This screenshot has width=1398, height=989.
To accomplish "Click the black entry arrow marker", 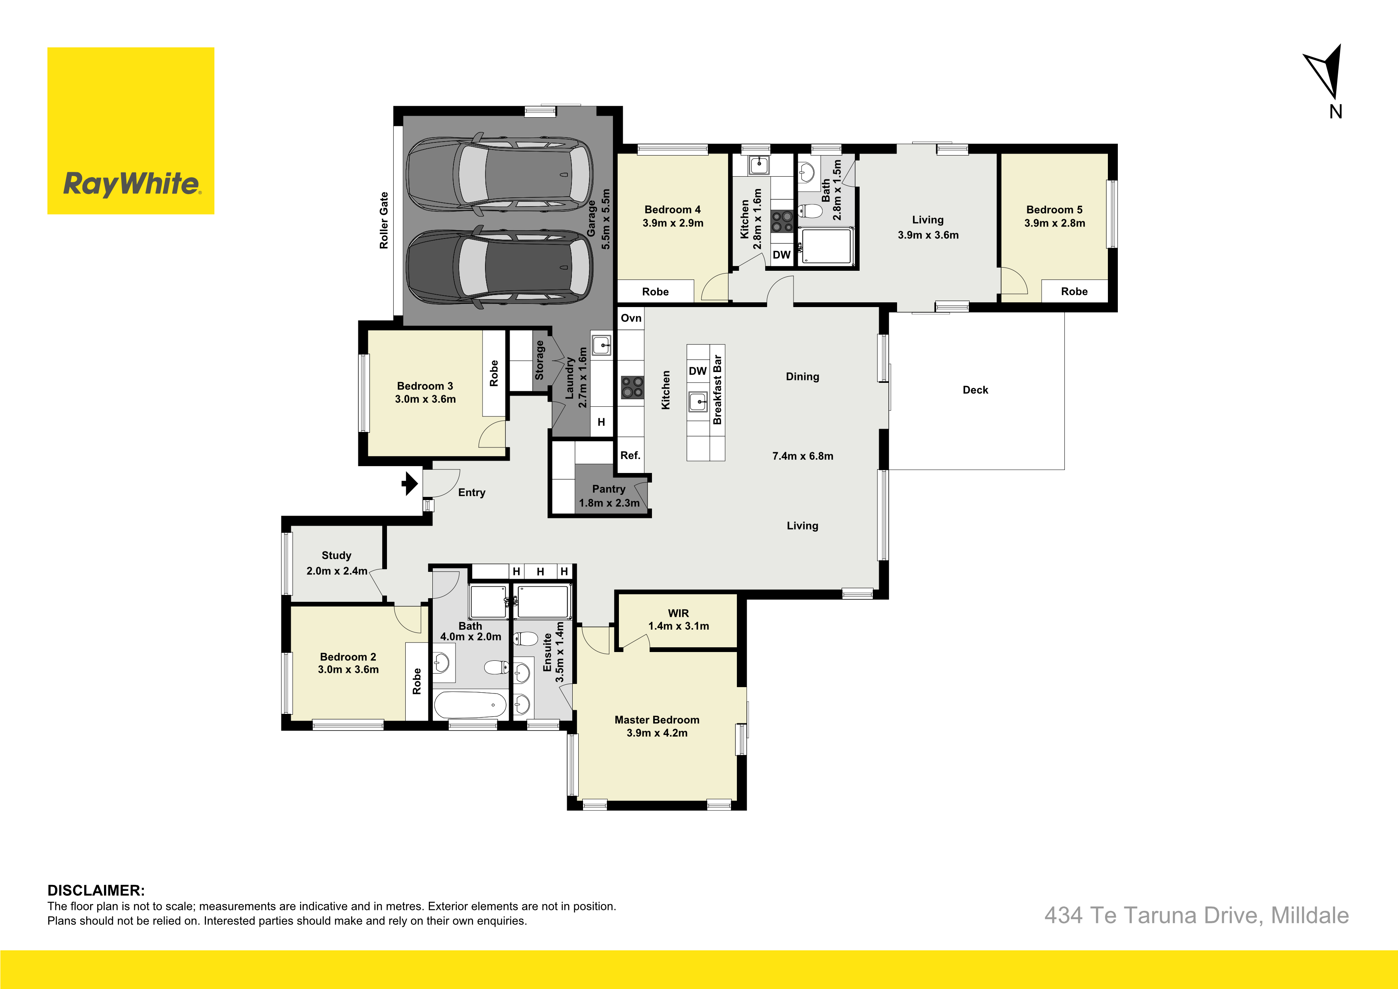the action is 410,484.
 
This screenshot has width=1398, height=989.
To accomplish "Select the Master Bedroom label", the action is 657,720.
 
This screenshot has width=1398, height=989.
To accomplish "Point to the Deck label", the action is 976,390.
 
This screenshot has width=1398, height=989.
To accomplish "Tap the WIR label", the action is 678,613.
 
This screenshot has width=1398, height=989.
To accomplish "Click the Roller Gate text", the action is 384,221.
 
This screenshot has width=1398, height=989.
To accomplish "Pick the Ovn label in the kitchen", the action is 631,318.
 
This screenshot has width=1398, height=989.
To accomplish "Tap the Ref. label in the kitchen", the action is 630,455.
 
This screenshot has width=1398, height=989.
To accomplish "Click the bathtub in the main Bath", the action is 470,705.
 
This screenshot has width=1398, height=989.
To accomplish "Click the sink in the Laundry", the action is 602,345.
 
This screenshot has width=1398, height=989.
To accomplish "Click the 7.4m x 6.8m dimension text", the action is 803,456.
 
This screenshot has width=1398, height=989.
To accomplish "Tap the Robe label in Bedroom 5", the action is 1074,291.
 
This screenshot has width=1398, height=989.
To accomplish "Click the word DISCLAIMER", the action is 96,890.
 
